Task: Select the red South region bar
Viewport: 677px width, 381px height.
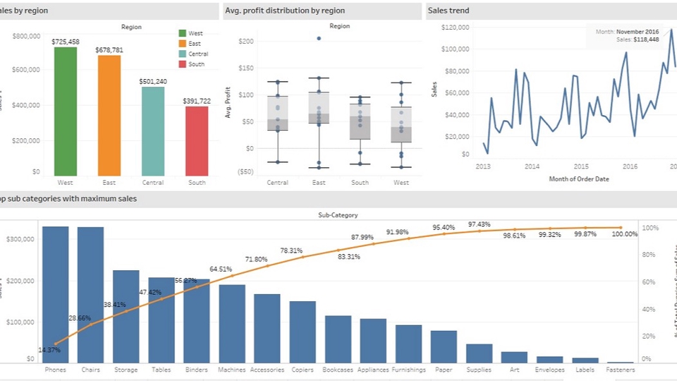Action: point(197,141)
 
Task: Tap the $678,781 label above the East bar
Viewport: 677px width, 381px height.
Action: point(109,50)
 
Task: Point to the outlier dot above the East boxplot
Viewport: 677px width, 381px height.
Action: point(319,38)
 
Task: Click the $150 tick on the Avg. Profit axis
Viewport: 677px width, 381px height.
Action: point(245,68)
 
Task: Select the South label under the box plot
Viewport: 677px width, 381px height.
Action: point(360,183)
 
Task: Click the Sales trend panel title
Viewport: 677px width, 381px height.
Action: point(450,11)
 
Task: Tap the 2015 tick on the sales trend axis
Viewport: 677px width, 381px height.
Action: point(581,167)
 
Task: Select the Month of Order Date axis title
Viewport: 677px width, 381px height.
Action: point(579,179)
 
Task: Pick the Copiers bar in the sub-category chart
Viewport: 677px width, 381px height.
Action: point(303,332)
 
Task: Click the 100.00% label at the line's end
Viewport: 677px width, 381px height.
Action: point(625,234)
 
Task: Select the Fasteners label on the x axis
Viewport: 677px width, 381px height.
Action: point(621,370)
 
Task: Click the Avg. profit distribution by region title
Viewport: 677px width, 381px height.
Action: point(285,11)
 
